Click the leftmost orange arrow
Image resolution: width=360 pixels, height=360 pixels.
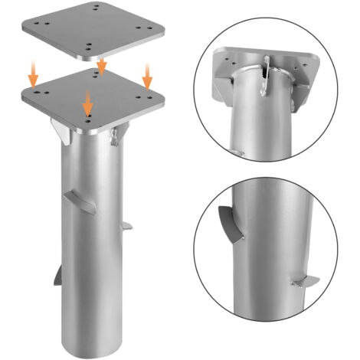pos(32,74)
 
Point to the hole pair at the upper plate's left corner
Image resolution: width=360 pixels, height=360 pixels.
pos(40,25)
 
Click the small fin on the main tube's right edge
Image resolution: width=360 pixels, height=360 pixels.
pos(128,226)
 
